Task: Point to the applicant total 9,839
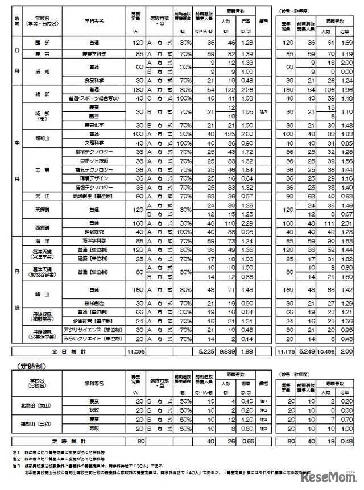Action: click(x=225, y=351)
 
